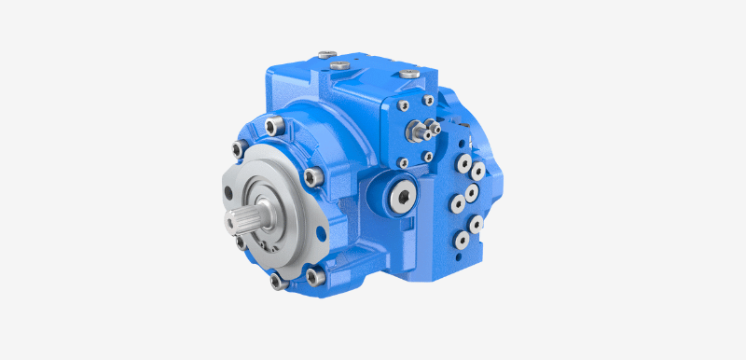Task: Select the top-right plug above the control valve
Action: (408, 72)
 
